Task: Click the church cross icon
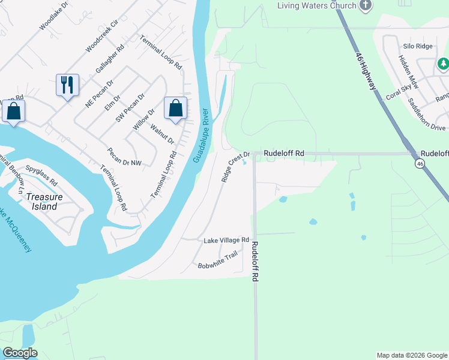366,5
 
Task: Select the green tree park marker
443,63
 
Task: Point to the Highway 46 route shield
419,163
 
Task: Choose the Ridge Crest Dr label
235,167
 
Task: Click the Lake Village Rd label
226,240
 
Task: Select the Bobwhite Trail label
218,262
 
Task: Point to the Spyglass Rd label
41,175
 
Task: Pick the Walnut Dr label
162,134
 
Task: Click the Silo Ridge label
417,46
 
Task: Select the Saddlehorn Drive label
427,115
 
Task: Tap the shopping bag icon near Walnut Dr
175,109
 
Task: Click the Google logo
20,353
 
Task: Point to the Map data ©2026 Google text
411,355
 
